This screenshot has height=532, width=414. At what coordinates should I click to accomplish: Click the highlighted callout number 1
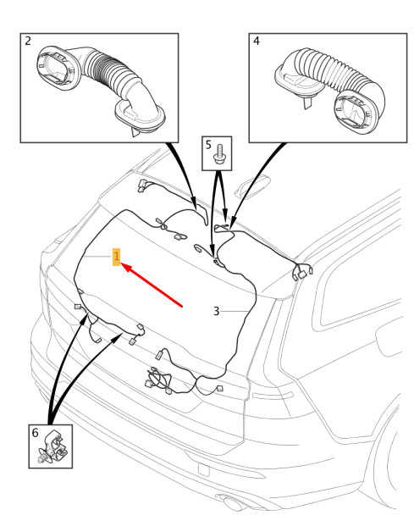[x=116, y=257]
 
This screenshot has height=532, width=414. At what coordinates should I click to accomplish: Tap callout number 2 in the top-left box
[x=28, y=41]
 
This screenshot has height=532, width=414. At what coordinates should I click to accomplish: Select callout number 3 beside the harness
[x=217, y=311]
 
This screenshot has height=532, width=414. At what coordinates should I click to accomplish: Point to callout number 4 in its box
[x=257, y=41]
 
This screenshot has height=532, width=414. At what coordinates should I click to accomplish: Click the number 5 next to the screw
[x=208, y=145]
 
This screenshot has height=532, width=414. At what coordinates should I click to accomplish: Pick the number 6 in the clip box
[x=36, y=433]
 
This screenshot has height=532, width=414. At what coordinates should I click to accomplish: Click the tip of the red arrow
[x=121, y=263]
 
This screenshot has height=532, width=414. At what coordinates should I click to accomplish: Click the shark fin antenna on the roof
[x=252, y=186]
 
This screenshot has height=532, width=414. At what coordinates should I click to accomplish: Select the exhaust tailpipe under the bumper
[x=230, y=502]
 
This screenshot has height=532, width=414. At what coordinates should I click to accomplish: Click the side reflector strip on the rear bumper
[x=273, y=396]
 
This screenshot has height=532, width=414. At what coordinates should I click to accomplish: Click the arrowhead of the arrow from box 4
[x=233, y=224]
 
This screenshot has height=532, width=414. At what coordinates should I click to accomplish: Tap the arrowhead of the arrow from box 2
[x=194, y=204]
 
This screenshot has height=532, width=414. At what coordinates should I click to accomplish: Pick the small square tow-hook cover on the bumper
[x=204, y=469]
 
